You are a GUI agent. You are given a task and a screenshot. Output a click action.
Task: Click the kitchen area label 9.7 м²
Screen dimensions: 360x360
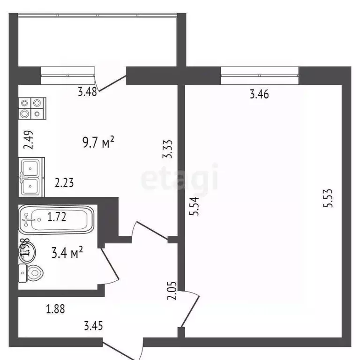coord(98,142)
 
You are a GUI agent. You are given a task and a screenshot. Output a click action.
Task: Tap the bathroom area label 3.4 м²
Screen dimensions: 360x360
coord(67,254)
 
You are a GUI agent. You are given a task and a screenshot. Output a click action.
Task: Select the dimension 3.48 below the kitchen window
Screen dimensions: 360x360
coord(87,92)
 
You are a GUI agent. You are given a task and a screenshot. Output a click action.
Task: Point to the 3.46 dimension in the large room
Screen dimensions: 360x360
coord(259,95)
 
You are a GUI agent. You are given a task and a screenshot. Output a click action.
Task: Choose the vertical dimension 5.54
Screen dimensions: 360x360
coord(195,206)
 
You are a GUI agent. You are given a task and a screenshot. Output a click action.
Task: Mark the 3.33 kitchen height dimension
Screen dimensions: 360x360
coord(169,149)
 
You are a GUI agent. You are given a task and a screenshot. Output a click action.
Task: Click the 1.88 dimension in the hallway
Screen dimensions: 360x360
coord(55,309)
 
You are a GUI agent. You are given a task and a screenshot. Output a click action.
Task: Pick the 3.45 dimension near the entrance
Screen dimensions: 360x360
coord(93,324)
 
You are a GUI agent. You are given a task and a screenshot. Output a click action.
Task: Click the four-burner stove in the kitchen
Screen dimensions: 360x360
coord(31,109)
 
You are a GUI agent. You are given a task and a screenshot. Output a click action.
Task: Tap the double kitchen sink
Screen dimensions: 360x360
coord(31,177)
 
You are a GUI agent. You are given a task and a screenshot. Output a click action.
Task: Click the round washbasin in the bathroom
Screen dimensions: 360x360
coord(26,249)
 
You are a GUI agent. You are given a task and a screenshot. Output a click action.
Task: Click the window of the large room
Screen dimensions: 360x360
coord(260,73)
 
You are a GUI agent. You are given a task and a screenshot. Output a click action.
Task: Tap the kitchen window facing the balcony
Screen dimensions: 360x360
coord(68,73)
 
